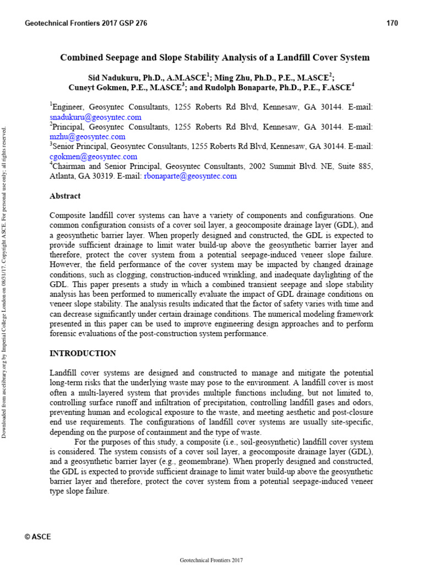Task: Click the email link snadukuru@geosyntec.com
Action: coord(95,117)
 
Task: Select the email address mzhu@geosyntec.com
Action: coord(88,136)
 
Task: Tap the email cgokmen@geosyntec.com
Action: coord(93,156)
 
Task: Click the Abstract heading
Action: coord(65,196)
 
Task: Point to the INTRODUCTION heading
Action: coord(83,353)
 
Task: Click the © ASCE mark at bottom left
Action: coord(38,537)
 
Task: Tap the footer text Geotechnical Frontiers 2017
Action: coord(211,560)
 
